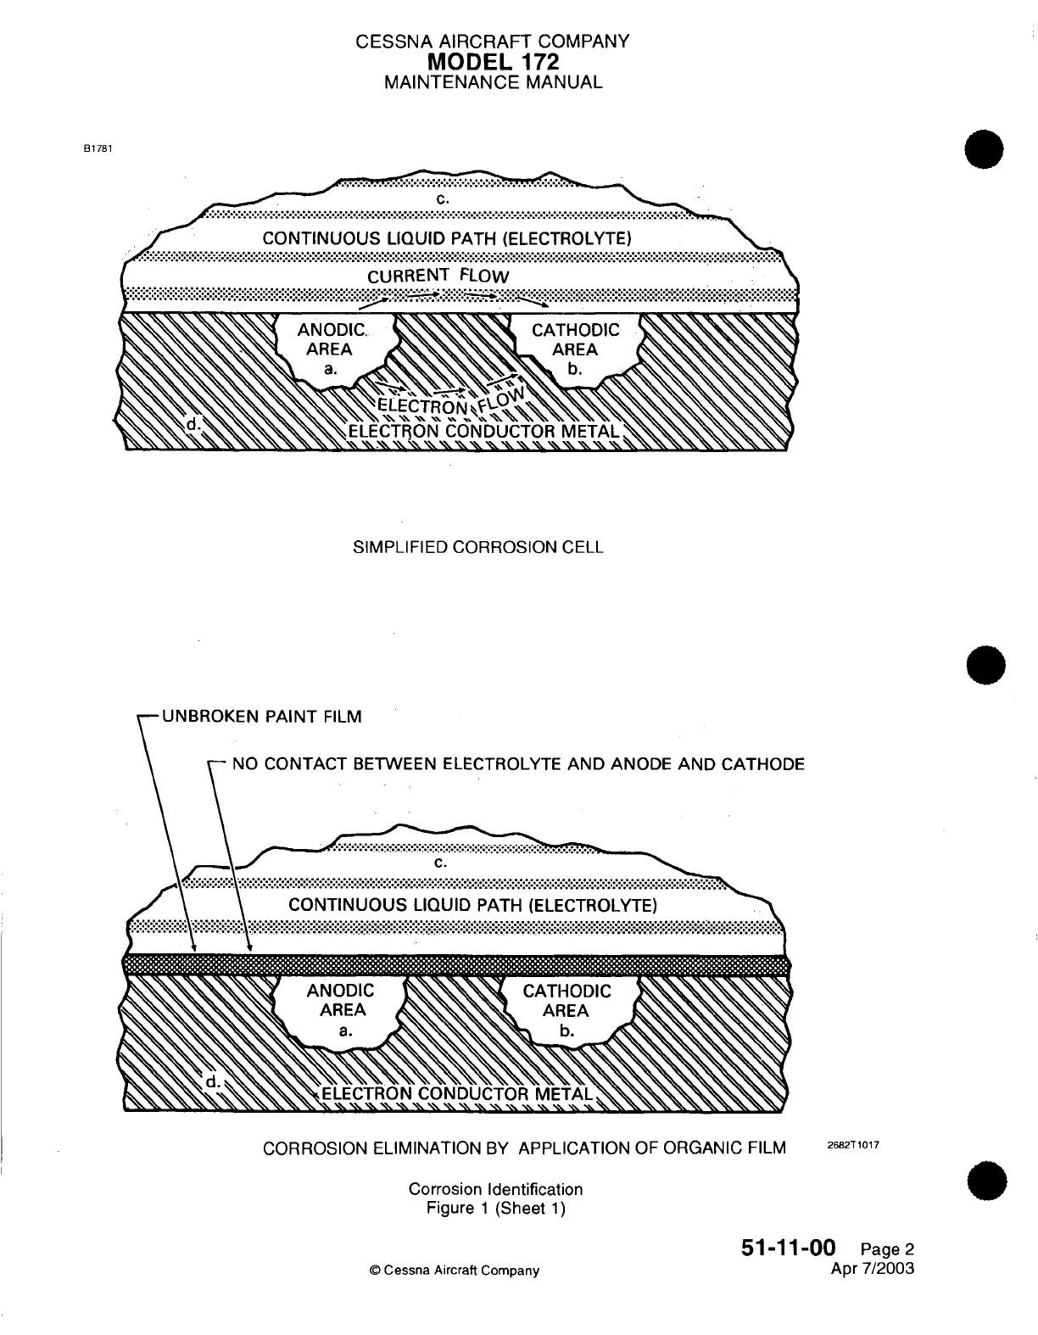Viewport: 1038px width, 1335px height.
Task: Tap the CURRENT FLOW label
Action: [x=438, y=276]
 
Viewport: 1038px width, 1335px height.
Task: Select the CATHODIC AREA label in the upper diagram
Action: [x=575, y=340]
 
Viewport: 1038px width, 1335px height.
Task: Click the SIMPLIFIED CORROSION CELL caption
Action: [x=477, y=547]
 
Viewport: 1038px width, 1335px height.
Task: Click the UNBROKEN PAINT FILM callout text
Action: [x=261, y=717]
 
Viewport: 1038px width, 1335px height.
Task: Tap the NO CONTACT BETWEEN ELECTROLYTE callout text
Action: [x=518, y=764]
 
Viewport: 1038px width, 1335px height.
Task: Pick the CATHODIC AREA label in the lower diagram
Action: [x=566, y=1001]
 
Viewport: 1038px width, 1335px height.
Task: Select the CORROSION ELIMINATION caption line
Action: [x=524, y=1149]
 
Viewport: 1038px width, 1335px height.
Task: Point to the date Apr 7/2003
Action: [x=874, y=1269]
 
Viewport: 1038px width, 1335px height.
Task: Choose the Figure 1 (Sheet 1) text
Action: [x=495, y=1208]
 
